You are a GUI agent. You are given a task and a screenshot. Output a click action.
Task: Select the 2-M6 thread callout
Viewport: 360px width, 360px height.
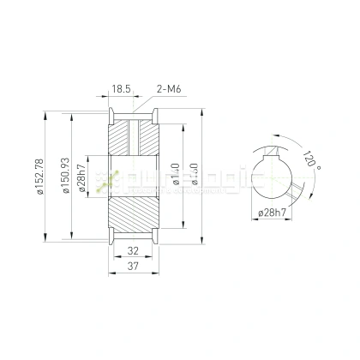point(169,88)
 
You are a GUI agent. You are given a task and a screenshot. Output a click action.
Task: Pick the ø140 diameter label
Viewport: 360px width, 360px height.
point(175,178)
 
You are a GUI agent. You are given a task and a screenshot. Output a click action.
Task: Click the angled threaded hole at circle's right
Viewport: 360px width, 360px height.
point(297,190)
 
